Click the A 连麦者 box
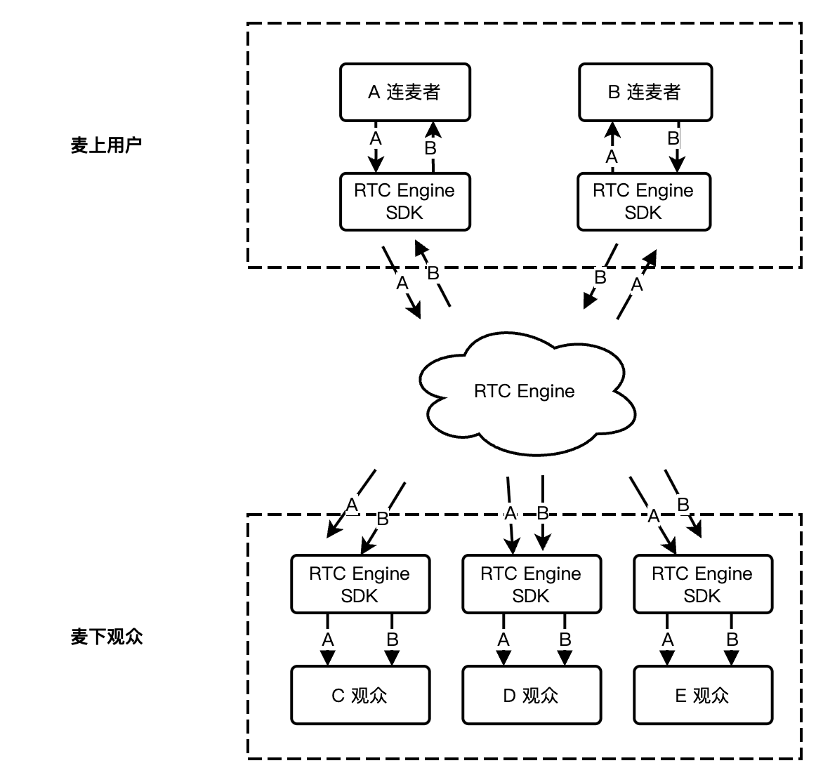405,92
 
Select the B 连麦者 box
645,92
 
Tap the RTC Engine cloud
525,392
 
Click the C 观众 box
360,695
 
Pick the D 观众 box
531,695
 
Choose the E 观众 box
702,695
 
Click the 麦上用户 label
107,145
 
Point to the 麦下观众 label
107,637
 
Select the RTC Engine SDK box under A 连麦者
405,202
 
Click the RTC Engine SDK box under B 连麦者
644,202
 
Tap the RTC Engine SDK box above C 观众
360,585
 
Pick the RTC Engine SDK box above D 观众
531,585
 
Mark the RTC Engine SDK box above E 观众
702,585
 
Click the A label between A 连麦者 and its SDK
376,139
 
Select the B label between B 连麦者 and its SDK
673,138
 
